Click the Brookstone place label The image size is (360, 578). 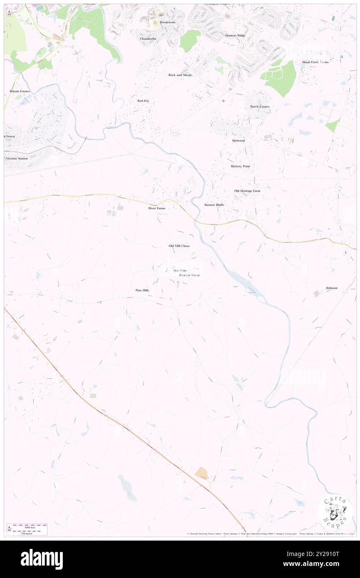168,22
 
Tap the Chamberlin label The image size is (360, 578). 148,39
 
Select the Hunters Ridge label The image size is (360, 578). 235,35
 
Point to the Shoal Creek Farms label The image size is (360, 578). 315,62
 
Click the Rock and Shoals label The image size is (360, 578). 180,75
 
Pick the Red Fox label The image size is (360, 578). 143,101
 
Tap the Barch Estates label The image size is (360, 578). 260,106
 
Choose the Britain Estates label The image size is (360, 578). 20,91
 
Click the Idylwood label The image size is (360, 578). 238,141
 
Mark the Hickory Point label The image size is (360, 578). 240,166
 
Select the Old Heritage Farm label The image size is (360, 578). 247,191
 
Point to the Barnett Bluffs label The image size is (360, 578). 214,205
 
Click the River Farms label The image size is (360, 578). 157,208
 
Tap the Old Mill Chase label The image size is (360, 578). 179,246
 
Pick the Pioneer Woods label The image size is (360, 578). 190,275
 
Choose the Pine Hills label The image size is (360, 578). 142,290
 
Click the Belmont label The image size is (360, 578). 332,288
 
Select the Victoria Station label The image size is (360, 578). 17,158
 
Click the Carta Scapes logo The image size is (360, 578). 335,511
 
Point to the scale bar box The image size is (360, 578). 27,529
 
